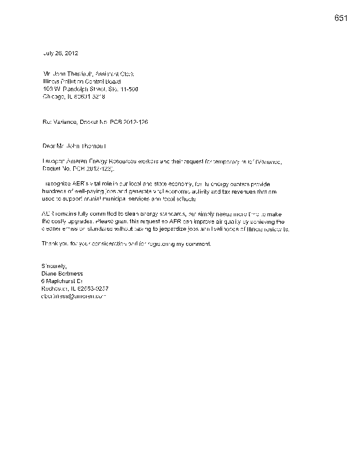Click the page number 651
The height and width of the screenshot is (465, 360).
(341, 17)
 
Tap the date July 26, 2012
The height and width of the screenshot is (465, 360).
(59, 53)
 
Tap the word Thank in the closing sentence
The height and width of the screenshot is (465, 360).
(52, 244)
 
